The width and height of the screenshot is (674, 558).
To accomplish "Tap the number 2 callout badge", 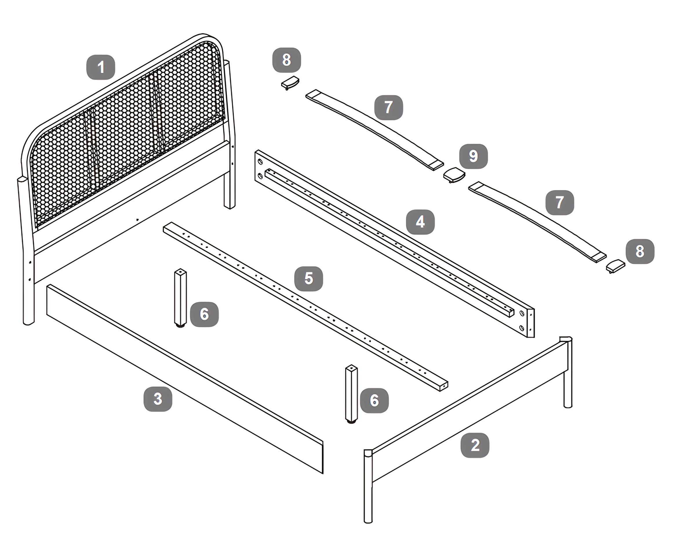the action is [x=475, y=445].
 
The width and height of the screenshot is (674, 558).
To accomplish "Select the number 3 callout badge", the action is [x=158, y=399].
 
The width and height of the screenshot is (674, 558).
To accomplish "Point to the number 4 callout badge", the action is [x=420, y=222].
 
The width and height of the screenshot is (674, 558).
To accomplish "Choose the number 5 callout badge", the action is [x=308, y=278].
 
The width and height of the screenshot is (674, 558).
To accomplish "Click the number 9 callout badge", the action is [x=473, y=156].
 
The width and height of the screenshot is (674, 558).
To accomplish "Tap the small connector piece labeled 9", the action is [x=454, y=175].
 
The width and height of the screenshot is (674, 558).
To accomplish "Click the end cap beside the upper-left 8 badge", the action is [x=290, y=83].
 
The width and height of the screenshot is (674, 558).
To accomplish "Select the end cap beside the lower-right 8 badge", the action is [x=615, y=266].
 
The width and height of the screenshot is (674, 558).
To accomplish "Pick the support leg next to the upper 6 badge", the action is [x=180, y=298].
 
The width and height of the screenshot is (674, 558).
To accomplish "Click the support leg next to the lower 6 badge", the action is [x=351, y=394].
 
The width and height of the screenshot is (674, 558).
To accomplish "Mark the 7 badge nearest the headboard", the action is [x=389, y=107].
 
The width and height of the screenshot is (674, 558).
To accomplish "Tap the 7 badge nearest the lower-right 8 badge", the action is [x=560, y=203].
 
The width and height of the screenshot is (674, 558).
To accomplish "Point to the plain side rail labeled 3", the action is [x=185, y=379].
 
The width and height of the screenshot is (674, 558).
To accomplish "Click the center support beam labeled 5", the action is [x=305, y=307].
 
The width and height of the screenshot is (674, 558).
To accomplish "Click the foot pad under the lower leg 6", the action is [x=351, y=422].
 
